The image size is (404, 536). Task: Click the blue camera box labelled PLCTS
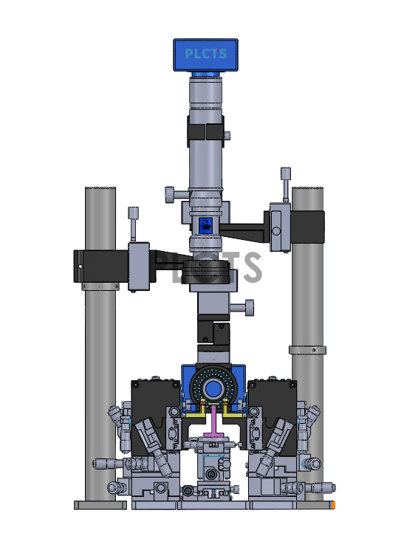click(205, 55)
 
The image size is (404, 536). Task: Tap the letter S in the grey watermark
click(253, 267)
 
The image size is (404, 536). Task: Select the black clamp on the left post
click(101, 267)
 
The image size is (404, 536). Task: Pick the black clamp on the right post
click(307, 227)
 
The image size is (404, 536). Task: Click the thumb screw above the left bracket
click(133, 224)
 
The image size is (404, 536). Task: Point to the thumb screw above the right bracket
click(286, 185)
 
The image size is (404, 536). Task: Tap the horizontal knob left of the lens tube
click(177, 194)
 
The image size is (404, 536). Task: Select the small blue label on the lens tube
click(206, 226)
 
